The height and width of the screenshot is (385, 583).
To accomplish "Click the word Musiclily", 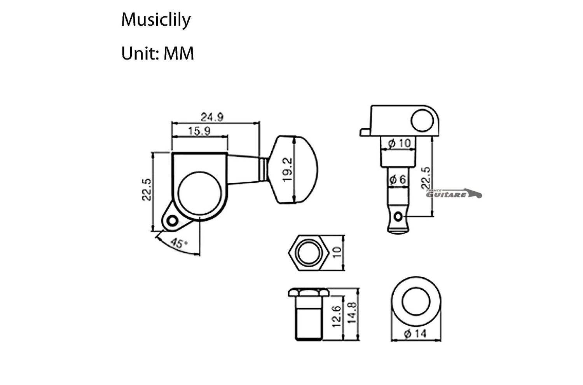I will pos(156,19).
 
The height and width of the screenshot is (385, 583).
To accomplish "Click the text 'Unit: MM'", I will pos(157,53).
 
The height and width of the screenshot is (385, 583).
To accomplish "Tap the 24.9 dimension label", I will pos(212,117).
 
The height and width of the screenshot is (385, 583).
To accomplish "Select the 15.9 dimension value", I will pos(199,131).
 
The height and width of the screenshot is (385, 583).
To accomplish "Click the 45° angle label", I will pos(178,244).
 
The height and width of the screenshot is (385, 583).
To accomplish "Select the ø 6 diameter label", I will pos(397,179).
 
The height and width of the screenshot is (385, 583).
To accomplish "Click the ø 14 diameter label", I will pos(415,334).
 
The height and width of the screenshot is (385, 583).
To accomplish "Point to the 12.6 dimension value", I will pos(337,316).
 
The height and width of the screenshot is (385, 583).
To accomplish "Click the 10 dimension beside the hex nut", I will pos(337,252).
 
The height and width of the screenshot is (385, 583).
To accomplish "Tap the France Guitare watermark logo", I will pos(454,193).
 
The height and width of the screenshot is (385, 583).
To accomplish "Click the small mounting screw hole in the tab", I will pos(171,221).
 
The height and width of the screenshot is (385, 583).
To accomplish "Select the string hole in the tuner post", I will pos(398,216).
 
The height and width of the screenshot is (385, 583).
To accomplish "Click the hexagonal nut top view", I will pos(309,253).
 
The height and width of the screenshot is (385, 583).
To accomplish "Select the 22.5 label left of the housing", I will pos(146,190).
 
